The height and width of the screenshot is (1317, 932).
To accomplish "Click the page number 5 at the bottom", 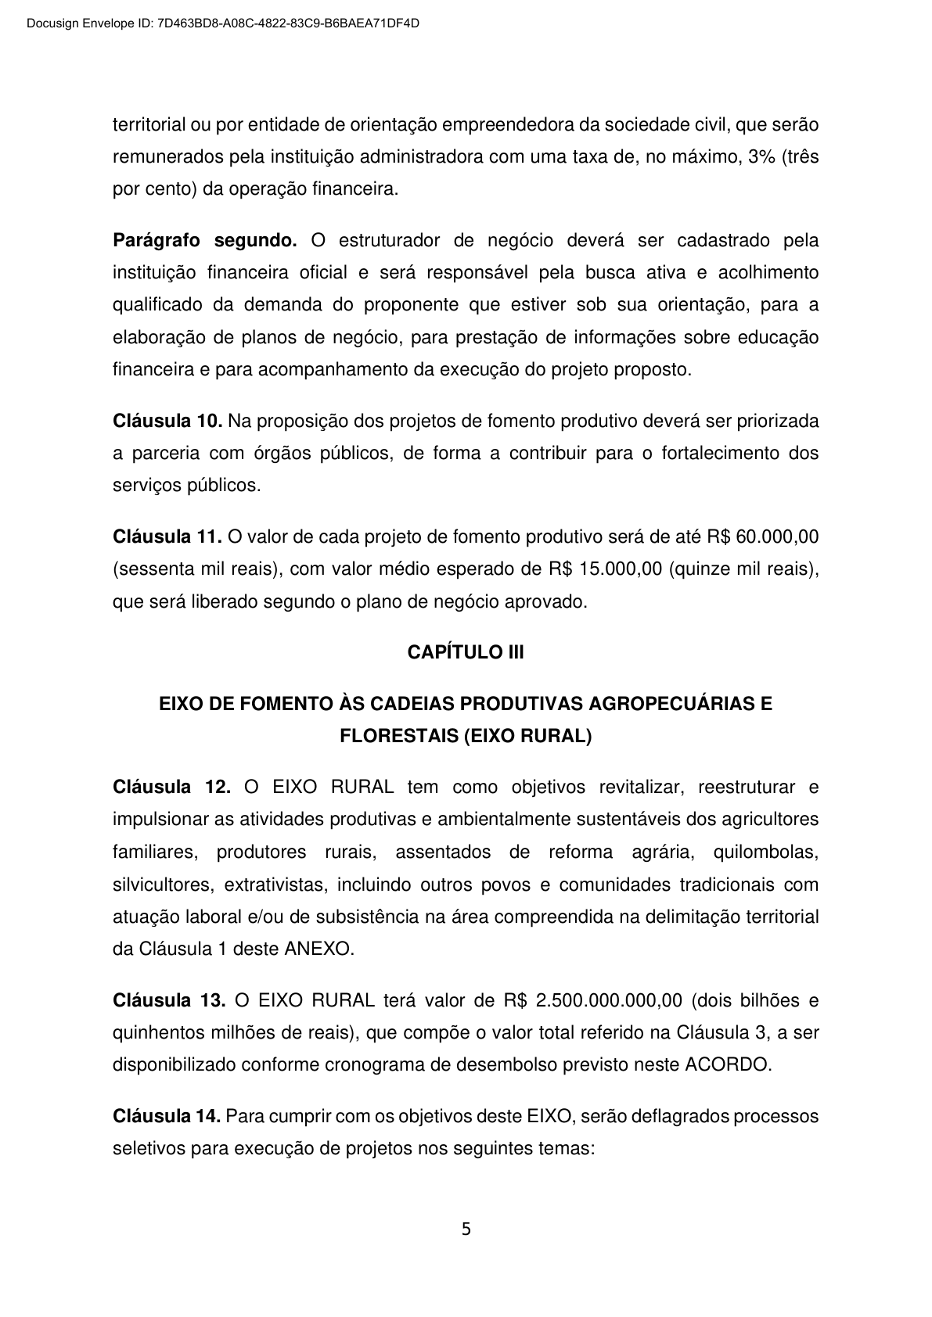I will click(x=466, y=1229).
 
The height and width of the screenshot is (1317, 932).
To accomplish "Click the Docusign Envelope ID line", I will click(x=222, y=23).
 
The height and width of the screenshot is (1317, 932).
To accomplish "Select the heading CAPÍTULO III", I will click(x=466, y=652).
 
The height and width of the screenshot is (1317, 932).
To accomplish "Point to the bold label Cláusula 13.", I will click(x=170, y=1000).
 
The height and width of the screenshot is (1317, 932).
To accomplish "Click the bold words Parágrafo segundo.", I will click(x=205, y=239).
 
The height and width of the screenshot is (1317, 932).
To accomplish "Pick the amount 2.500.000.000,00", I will click(x=601, y=1000).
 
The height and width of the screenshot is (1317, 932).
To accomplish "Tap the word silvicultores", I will click(x=160, y=885).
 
